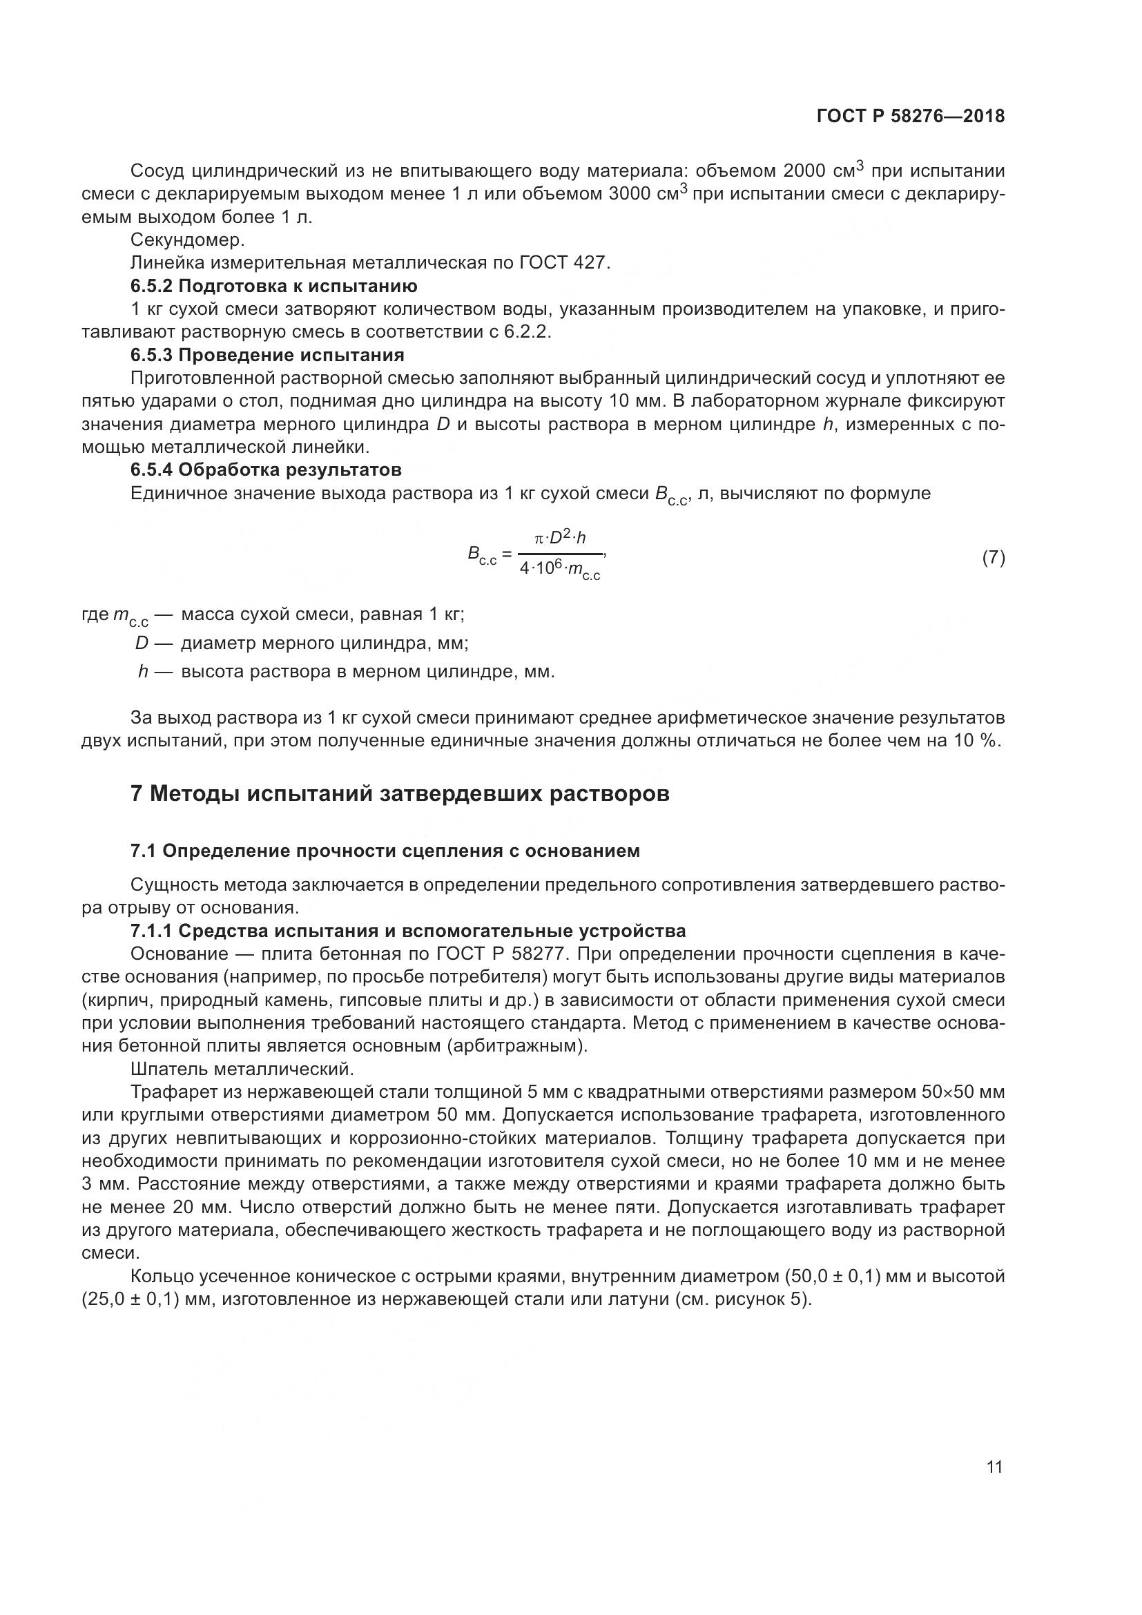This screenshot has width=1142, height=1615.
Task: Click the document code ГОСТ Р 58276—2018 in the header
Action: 911,116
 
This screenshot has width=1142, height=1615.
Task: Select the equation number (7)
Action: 993,558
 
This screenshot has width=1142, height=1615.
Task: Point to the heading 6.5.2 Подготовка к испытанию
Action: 273,287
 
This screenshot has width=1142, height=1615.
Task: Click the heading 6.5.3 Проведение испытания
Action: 267,354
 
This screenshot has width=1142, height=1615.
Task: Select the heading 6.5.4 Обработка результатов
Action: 266,469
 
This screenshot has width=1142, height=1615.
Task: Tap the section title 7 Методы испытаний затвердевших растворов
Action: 399,794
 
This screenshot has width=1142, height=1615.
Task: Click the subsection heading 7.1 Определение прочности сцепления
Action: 385,851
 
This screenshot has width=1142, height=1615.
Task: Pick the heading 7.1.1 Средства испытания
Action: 408,931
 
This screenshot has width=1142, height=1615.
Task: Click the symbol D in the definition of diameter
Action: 142,643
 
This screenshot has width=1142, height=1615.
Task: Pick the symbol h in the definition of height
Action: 143,672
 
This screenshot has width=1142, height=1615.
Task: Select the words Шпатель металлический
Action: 241,1070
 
